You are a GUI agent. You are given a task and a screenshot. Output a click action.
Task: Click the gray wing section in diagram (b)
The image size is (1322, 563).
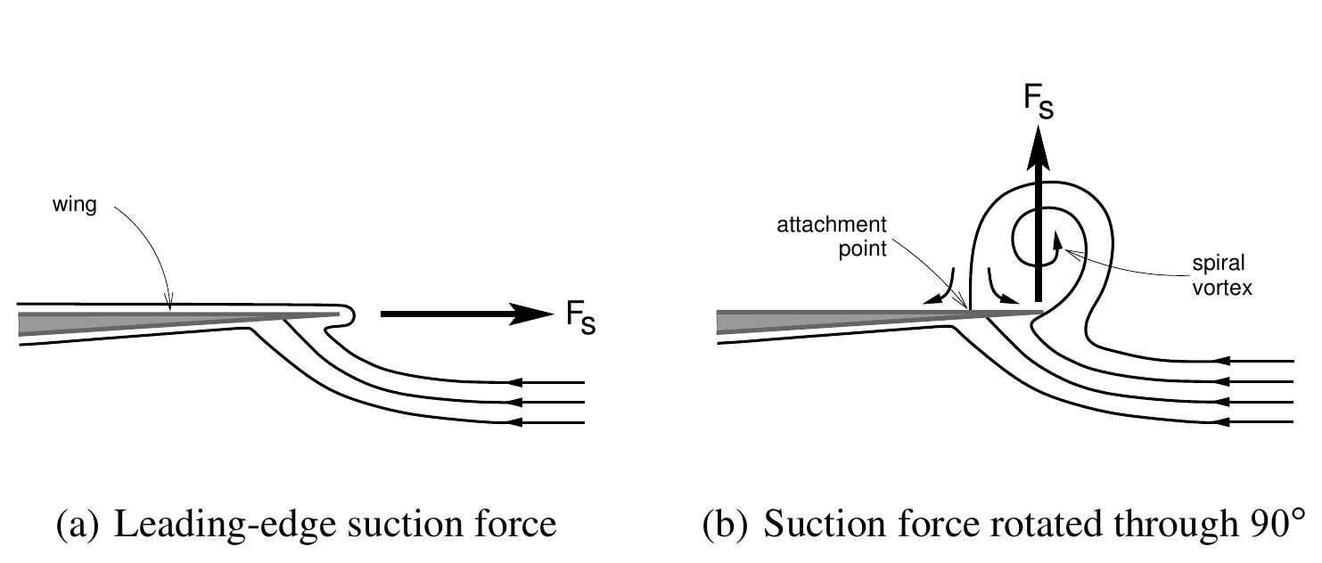click(x=802, y=320)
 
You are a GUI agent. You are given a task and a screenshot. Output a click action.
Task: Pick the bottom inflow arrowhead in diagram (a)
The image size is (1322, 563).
click(x=512, y=422)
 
